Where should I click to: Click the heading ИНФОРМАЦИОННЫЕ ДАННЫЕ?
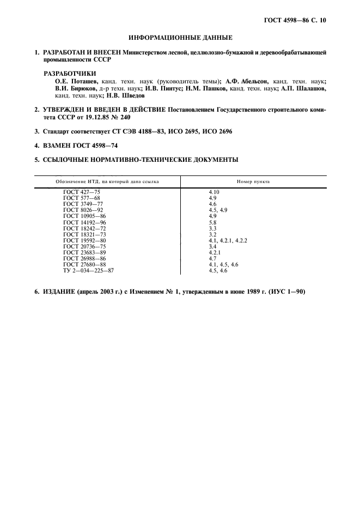(x=180, y=38)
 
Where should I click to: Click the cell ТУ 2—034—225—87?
(x=88, y=270)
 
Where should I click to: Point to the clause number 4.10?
(x=214, y=192)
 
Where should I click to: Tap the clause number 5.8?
(x=212, y=222)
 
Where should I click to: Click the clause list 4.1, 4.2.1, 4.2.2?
(x=227, y=240)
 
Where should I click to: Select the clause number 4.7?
(x=212, y=258)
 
